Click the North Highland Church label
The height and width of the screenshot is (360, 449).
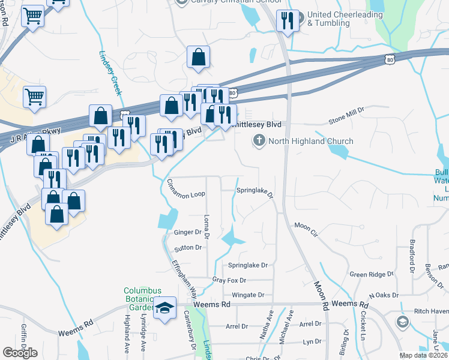(x=311, y=142)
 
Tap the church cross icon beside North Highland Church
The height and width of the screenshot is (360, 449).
(x=259, y=142)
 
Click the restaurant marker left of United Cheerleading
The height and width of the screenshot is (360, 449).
(x=287, y=22)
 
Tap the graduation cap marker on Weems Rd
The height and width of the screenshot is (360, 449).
(x=163, y=308)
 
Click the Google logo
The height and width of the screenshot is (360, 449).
(x=20, y=352)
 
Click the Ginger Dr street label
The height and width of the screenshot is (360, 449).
(x=187, y=232)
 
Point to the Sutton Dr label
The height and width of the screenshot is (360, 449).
(x=188, y=247)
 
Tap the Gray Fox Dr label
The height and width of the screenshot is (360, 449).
(x=229, y=280)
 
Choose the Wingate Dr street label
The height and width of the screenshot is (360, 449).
(x=248, y=295)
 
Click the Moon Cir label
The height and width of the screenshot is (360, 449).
(x=306, y=226)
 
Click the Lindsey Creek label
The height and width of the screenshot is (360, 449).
(x=110, y=71)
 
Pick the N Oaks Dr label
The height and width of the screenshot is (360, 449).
(x=384, y=295)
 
